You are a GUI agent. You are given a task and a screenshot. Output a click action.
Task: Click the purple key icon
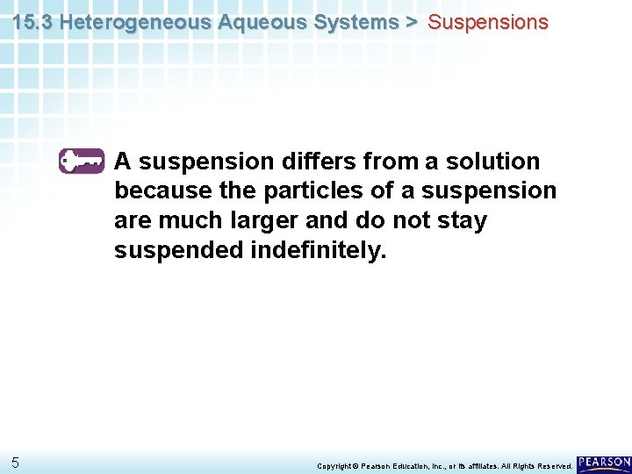[82, 162]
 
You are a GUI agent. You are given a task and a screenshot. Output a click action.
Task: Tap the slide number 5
[16, 463]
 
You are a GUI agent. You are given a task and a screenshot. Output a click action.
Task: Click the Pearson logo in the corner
[604, 463]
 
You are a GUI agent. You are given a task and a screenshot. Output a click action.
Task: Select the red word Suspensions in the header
[487, 23]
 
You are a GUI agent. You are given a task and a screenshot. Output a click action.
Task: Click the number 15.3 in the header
[32, 23]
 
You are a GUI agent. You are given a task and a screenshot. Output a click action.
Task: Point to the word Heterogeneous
[125, 23]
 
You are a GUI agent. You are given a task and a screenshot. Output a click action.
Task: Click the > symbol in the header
[412, 23]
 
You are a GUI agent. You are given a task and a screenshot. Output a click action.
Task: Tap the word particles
[304, 191]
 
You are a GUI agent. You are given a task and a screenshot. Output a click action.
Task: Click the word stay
[462, 220]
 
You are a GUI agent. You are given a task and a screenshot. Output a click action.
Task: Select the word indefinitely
[318, 250]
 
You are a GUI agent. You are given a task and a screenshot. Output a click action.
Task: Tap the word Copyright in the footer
[334, 466]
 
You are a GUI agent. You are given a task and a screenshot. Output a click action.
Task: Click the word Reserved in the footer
[552, 466]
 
